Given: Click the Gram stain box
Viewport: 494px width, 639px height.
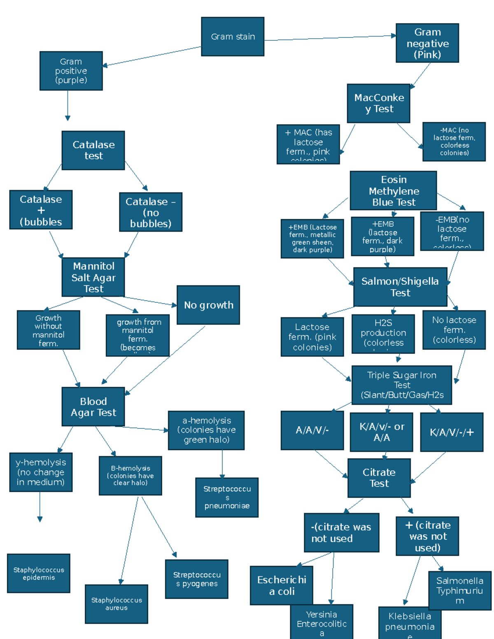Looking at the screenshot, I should coord(233,37).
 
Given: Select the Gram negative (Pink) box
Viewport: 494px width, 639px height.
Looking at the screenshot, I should coord(427,43).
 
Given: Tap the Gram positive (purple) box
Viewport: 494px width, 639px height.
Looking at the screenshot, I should coord(71,71).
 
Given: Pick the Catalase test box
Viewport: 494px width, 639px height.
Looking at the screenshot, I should coord(93,150).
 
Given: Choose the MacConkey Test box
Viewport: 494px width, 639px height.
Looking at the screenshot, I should coord(379,103).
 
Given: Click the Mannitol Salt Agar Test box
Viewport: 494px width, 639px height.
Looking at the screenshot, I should coord(93,277).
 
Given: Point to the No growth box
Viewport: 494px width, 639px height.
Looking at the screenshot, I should coord(208,305).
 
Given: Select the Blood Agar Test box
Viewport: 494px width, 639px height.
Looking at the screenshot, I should coord(93,407).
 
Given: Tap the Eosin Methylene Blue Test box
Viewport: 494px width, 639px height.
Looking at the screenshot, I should coord(394,191).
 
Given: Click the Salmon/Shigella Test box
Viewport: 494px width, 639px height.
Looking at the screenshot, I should coord(400,287).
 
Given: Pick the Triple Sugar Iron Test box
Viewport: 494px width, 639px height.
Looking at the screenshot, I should coord(402,385).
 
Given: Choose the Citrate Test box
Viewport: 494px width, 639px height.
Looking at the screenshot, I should coord(379,478).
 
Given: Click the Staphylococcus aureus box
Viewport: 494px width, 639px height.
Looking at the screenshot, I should coord(117,604).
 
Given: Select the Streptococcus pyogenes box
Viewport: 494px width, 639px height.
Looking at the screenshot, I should coord(197,579).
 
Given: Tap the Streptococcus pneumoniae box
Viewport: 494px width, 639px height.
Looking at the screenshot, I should coord(227,497).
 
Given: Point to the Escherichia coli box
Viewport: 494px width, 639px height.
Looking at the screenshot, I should coord(282,585).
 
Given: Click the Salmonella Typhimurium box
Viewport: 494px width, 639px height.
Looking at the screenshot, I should coord(460,590).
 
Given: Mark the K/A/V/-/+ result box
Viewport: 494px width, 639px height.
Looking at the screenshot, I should coord(452,432).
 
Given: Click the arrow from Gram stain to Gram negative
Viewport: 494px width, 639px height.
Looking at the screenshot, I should coord(329,38).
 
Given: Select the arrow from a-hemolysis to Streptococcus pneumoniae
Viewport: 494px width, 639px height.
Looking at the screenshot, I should coord(222,464).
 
